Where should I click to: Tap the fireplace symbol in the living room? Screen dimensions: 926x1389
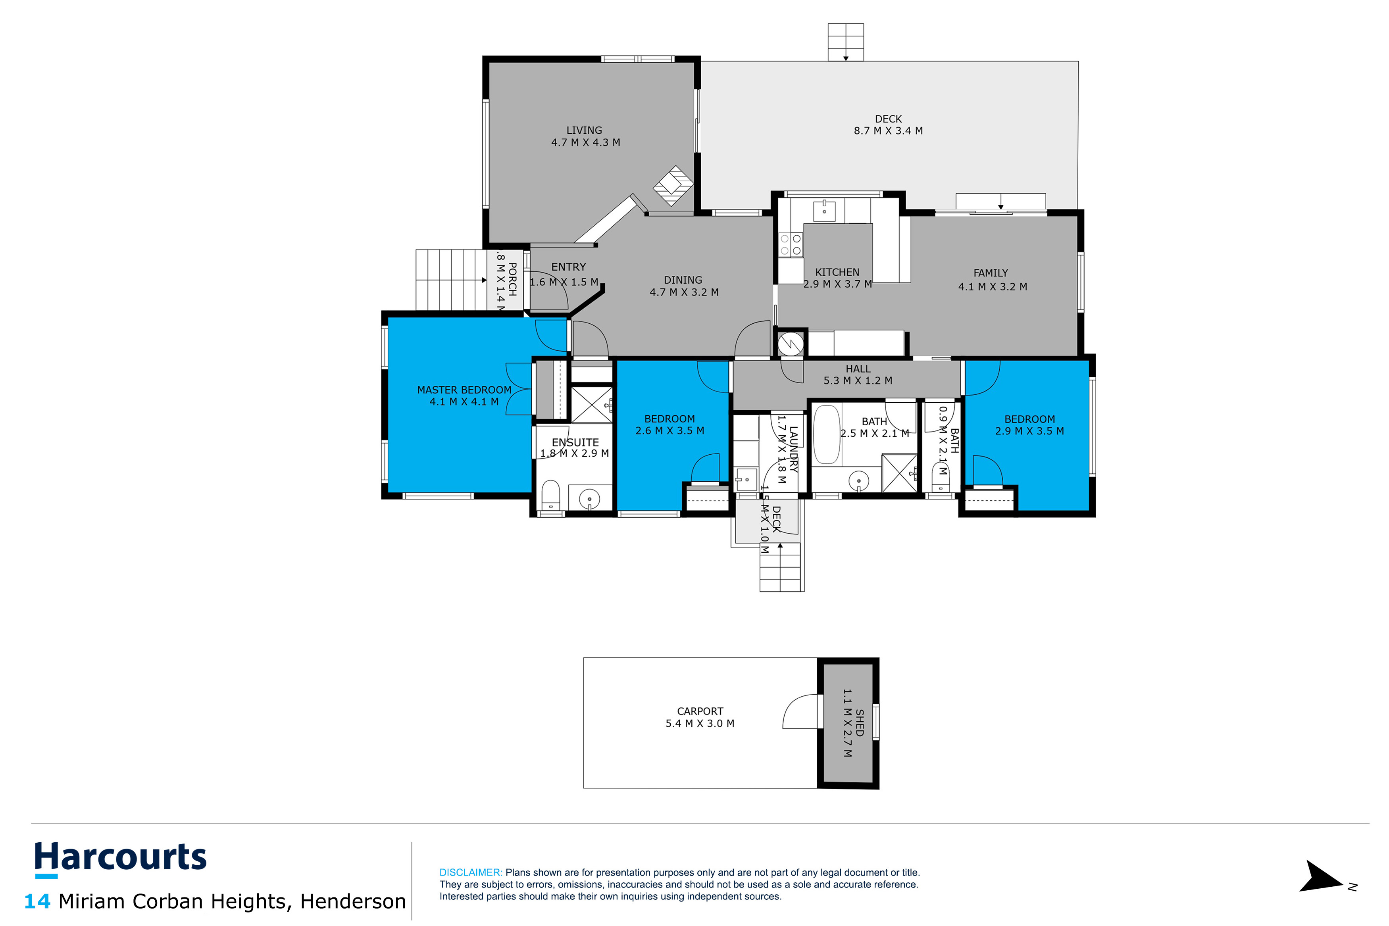[x=673, y=185]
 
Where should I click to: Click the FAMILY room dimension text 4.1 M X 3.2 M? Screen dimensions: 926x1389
[x=992, y=287]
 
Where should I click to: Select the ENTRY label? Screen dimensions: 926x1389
[x=568, y=267]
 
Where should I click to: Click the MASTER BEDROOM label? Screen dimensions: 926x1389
[x=464, y=390]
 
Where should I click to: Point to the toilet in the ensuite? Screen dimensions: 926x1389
[x=550, y=494]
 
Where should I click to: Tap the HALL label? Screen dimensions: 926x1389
[x=858, y=369]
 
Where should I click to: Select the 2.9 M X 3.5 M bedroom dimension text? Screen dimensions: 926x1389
[x=1029, y=431]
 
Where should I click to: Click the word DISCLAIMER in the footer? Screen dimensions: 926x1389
[x=470, y=872]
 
